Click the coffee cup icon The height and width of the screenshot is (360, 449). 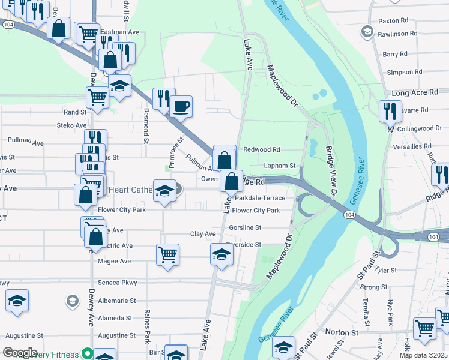pos(181,107)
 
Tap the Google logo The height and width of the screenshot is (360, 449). pos(20,353)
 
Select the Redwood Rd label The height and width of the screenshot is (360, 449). pos(261,149)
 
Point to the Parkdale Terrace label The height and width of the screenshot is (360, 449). pos(259,197)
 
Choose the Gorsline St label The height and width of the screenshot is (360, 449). pos(245,228)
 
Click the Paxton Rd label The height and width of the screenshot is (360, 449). pos(393,20)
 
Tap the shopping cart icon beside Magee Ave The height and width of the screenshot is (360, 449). pos(167,254)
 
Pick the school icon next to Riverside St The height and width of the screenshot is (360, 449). pos(221,255)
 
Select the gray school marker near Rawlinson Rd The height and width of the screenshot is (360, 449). pos(366,31)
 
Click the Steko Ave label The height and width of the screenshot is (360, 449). pos(71,125)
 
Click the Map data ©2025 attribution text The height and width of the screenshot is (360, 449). pos(423,355)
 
